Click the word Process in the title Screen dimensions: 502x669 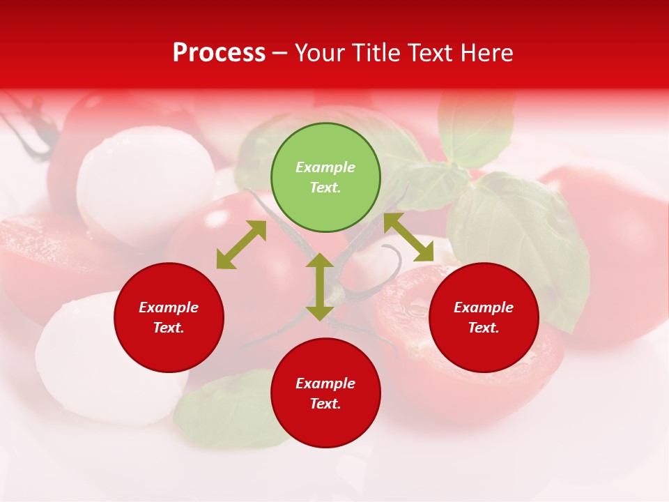[219, 53]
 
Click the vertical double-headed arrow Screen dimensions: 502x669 [320, 287]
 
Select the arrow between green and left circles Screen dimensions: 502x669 [241, 245]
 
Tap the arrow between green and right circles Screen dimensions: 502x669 [408, 237]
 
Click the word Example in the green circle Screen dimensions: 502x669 [325, 167]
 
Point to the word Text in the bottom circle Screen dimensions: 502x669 [324, 404]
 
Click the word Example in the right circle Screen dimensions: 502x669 [484, 307]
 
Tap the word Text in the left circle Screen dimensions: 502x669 [168, 328]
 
